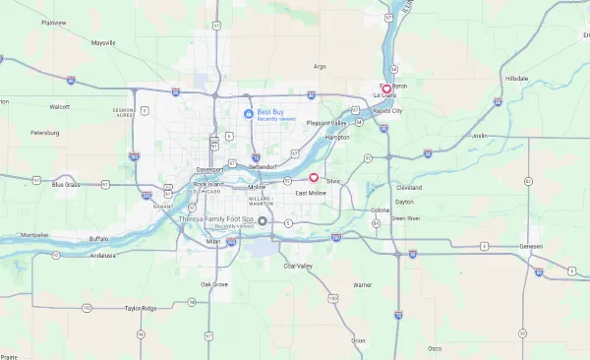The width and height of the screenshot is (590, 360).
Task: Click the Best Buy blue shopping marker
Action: [249, 114]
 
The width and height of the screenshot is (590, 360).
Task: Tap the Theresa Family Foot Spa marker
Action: [249, 220]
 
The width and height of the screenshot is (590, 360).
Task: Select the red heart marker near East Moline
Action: [314, 178]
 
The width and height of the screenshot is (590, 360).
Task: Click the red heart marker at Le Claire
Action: [386, 90]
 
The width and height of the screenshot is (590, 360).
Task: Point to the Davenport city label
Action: [209, 168]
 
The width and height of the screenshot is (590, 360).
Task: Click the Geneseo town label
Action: [531, 246]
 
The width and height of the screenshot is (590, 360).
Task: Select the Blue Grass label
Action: [66, 184]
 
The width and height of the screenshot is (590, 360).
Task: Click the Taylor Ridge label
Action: [140, 309]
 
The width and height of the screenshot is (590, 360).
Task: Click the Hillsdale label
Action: [516, 78]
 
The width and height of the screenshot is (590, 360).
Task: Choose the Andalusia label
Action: [102, 255]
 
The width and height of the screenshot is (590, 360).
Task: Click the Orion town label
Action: [358, 340]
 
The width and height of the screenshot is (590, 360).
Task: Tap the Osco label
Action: [435, 347]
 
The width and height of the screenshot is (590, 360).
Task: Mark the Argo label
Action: [319, 66]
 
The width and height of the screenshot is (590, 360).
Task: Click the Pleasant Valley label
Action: [327, 123]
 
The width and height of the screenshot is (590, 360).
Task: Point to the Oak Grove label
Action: [214, 284]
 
